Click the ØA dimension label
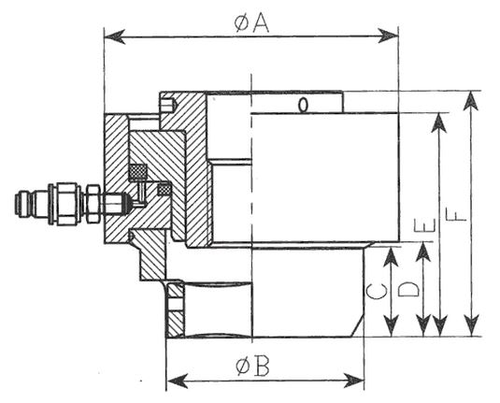pos(251,23)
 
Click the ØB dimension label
pos(253,367)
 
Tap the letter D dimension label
pos(408,289)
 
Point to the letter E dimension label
pos(424,224)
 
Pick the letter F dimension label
pos(456,214)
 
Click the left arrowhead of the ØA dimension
pos(114,37)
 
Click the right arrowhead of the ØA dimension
pos(388,36)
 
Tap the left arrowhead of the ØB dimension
pos(177,381)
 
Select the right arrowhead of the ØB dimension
pos(353,381)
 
